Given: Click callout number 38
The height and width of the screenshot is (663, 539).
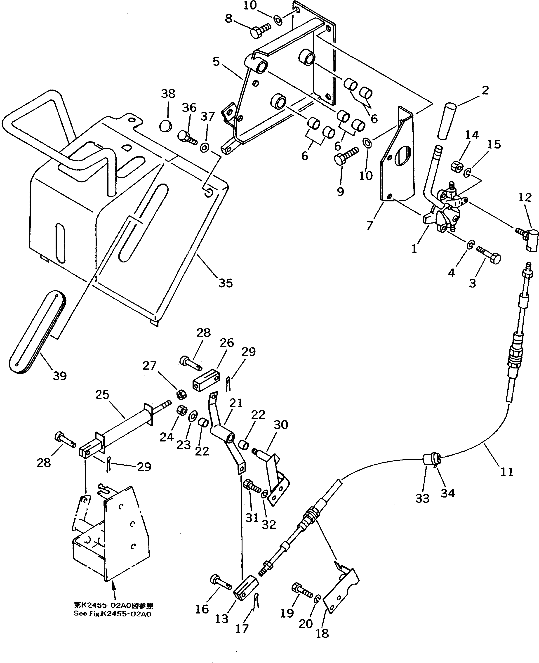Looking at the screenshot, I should (x=168, y=94).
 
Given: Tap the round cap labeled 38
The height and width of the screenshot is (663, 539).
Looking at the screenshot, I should (x=165, y=126).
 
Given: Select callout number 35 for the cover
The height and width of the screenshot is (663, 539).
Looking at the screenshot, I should (x=225, y=283).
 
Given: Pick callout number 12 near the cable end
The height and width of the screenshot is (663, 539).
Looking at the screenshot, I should (x=525, y=198).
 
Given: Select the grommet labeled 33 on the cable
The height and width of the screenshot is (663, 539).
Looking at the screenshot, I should (x=428, y=459).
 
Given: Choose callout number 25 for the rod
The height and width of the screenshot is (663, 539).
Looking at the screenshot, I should (x=102, y=395).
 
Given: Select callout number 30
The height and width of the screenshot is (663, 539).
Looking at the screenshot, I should (x=281, y=425).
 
